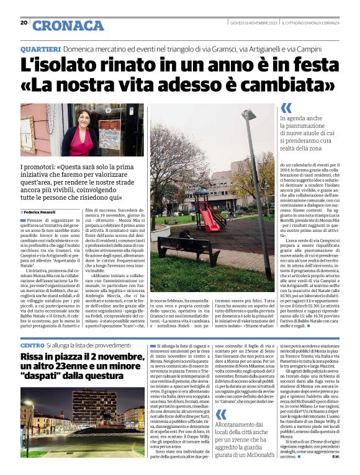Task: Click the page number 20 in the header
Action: tap(24, 22)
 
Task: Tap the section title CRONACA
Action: tap(68, 25)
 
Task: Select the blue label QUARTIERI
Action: tap(40, 48)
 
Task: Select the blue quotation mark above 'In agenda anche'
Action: tap(286, 107)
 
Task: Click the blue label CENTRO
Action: tap(32, 344)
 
